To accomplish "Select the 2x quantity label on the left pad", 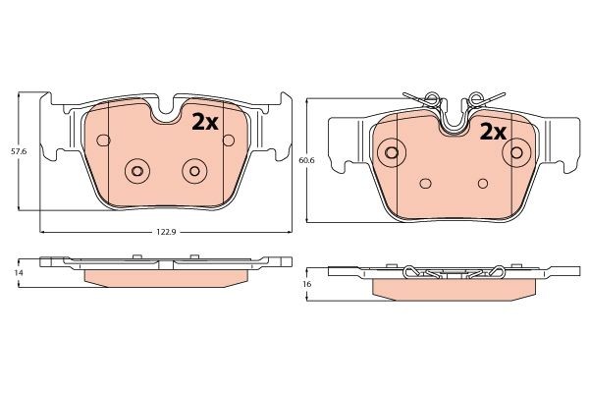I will point(204,122).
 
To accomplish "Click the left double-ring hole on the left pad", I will point(136,172).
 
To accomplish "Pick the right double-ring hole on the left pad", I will point(193,172).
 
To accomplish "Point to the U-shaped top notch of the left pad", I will point(166,110).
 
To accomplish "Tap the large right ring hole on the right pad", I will point(513,152).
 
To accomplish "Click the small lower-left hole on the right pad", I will point(424,183).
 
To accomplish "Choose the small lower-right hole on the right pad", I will point(482,183).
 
